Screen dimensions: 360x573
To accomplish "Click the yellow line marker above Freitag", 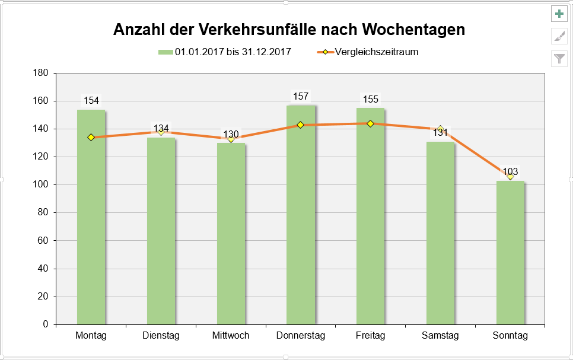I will [x=370, y=123].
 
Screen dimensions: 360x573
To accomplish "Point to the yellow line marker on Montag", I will [x=91, y=137].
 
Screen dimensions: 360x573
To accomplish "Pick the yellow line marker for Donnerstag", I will [x=300, y=125].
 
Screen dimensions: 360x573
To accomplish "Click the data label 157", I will [x=301, y=96].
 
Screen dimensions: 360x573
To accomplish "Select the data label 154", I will [x=91, y=100].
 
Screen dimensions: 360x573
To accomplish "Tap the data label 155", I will [x=370, y=99].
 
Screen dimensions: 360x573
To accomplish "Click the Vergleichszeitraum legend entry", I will [x=376, y=52].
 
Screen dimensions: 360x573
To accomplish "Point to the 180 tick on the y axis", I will [x=41, y=73].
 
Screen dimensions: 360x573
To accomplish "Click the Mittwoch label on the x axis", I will [x=231, y=336].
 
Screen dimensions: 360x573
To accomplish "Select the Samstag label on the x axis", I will [x=440, y=336].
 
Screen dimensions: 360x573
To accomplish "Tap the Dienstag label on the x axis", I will [x=161, y=336].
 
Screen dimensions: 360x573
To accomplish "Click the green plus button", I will [x=559, y=14].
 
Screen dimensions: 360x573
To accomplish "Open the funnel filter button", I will [x=559, y=58].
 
